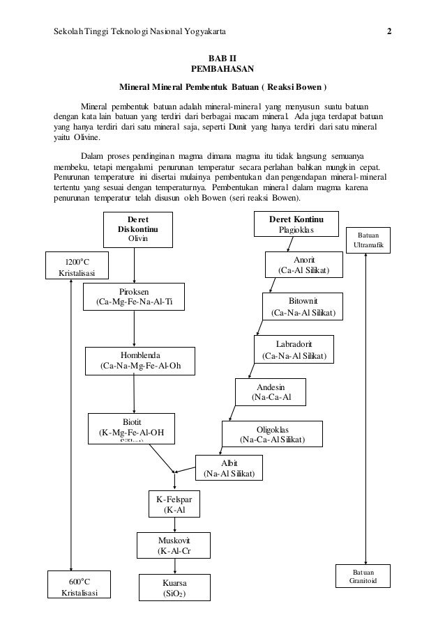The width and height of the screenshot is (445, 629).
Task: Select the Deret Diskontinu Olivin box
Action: [x=137, y=229]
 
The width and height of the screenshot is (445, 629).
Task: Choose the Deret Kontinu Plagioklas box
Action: [x=296, y=224]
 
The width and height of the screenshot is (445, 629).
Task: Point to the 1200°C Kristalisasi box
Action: [x=73, y=267]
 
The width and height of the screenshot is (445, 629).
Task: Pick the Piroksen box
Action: [x=134, y=297]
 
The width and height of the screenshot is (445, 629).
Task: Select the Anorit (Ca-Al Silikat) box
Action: [x=303, y=265]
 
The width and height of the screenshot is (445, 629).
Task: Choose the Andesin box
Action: [x=271, y=392]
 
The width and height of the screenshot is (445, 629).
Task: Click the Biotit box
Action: [x=131, y=428]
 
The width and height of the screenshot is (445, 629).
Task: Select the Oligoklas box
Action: [x=272, y=434]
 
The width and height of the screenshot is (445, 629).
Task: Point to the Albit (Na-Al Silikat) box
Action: [x=229, y=468]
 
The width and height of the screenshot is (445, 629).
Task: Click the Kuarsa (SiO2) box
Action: [x=175, y=588]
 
